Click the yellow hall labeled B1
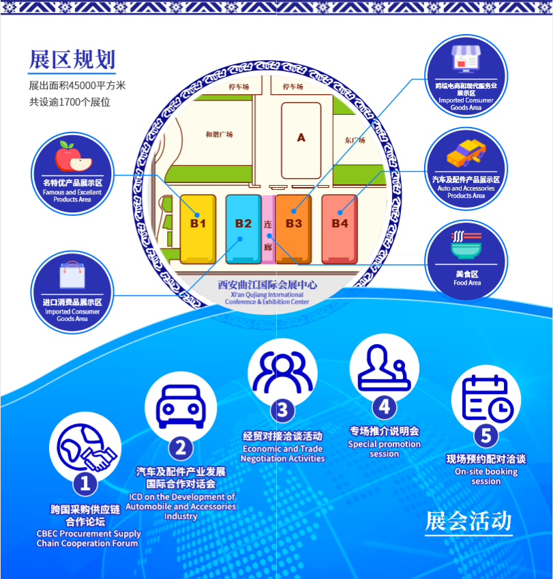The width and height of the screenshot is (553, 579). point(198,228)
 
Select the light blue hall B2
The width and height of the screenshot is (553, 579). point(243,228)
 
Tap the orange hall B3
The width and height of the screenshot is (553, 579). point(293,228)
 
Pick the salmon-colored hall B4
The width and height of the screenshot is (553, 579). point(340,228)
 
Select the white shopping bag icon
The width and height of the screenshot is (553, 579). point(72,275)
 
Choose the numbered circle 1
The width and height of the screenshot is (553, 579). point(85,483)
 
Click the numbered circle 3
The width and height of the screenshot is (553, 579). point(282,410)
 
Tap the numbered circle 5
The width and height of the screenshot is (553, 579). point(485,434)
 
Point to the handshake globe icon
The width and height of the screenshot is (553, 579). point(85,449)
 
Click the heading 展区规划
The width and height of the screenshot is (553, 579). point(72,60)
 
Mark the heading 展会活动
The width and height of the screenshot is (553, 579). point(468,521)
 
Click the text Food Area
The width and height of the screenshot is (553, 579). point(467,283)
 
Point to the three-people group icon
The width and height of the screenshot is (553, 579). point(283,373)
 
